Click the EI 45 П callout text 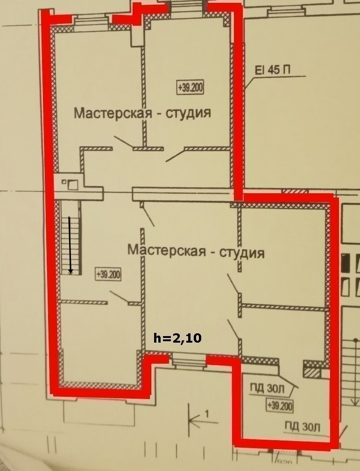click(x=273, y=70)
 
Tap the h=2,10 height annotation click(x=177, y=338)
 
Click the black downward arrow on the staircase click(x=71, y=245)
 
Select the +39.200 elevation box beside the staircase click(x=108, y=274)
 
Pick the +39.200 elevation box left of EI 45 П click(x=190, y=88)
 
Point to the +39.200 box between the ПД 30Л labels click(x=280, y=406)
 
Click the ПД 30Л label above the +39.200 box click(x=267, y=389)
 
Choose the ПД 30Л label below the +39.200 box click(x=303, y=427)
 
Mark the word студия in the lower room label click(x=242, y=253)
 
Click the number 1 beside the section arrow click(x=207, y=414)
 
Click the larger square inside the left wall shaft click(x=72, y=184)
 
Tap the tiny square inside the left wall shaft click(x=64, y=182)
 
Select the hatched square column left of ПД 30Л click(x=312, y=373)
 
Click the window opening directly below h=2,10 click(x=187, y=359)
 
